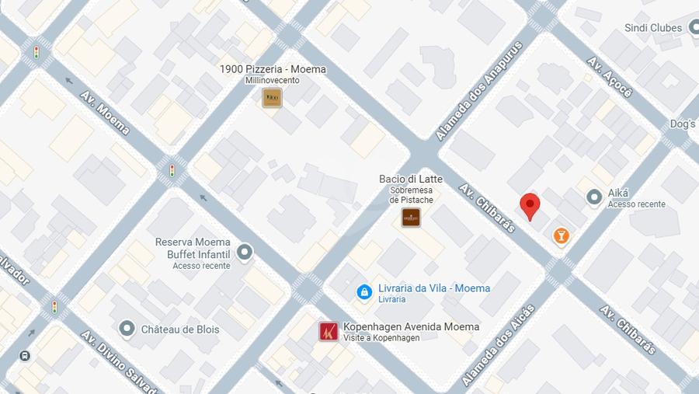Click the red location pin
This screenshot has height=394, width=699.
[x=530, y=206]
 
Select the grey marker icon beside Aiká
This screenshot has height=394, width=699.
[x=595, y=197]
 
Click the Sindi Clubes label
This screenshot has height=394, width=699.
[x=652, y=28]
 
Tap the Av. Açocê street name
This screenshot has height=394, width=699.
[x=610, y=76]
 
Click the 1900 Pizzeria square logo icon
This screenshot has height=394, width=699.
[x=272, y=97]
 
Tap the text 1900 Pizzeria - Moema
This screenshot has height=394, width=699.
[x=273, y=69]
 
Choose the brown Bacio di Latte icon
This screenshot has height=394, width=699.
[x=411, y=218]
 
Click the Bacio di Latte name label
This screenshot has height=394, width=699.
[x=410, y=180]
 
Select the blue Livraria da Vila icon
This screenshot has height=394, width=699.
[x=364, y=291]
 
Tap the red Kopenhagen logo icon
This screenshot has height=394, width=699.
[x=329, y=332]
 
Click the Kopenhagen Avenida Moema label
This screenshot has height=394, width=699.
[x=411, y=327]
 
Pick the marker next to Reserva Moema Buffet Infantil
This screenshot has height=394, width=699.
[x=245, y=252]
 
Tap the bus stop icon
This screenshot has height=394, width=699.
[x=25, y=356]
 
